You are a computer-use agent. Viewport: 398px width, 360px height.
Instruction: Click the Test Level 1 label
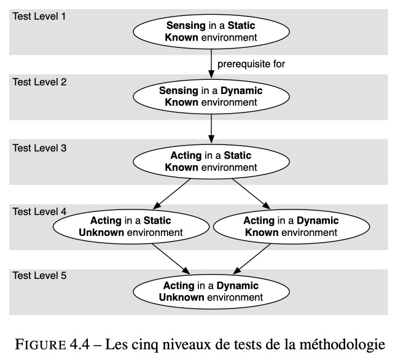coord(39,17)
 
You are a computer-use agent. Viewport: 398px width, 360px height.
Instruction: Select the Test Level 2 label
coord(39,82)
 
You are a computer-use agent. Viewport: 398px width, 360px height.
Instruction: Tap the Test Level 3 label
coord(39,148)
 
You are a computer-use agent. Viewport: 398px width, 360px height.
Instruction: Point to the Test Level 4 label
coord(39,211)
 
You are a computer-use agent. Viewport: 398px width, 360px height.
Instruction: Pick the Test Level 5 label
coord(39,275)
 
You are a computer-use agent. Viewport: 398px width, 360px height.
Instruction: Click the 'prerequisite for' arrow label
coord(251,64)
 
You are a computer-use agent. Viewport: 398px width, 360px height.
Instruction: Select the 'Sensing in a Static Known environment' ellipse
coord(211,32)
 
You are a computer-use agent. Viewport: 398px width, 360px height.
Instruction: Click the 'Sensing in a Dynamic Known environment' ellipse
coord(211,96)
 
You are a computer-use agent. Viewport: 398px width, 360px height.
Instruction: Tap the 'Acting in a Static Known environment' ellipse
coord(211,162)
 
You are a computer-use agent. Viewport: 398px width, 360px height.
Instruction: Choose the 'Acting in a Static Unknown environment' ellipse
coord(131,227)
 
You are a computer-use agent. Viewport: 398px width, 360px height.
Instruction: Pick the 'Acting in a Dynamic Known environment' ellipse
coord(291,227)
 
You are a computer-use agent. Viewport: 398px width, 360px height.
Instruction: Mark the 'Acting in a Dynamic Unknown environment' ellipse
coord(211,292)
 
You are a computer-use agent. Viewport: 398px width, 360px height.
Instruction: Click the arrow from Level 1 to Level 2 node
coord(211,64)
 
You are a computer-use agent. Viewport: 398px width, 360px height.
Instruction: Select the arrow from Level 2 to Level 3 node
coord(211,129)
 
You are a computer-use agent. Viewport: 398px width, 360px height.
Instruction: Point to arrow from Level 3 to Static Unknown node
coord(172,194)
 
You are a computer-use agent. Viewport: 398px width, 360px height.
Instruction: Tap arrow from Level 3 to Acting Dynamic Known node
coord(251,194)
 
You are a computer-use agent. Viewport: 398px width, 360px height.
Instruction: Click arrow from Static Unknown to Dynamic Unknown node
coord(171,259)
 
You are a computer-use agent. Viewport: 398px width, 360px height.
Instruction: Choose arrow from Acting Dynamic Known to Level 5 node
coord(252,259)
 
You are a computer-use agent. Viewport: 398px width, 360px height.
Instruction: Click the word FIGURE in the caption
coord(41,345)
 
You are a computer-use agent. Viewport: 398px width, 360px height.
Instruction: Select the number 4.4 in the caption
coord(80,345)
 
